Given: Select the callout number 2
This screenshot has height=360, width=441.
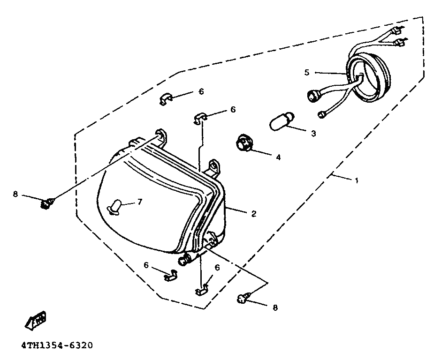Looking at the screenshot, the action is coord(254,214).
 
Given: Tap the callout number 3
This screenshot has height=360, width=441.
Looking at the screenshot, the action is coord(313,134).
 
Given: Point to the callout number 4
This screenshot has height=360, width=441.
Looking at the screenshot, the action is coord(278,157).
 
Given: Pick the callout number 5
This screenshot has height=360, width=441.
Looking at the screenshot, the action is coord(307,72).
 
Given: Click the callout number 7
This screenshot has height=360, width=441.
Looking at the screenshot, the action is coord(139,202).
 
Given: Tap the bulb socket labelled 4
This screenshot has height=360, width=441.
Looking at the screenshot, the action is coord(244,142).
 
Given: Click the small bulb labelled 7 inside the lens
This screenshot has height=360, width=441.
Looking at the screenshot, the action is coord(116,206).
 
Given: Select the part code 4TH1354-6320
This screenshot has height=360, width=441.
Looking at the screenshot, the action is coord(57,346).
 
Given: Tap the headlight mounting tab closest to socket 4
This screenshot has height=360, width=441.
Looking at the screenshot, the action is coord(214,166).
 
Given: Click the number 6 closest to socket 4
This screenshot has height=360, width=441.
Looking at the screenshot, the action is coord(233,110).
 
